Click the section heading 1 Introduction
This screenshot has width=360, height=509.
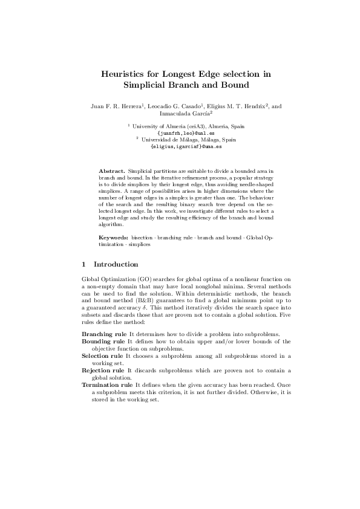point(110,264)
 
